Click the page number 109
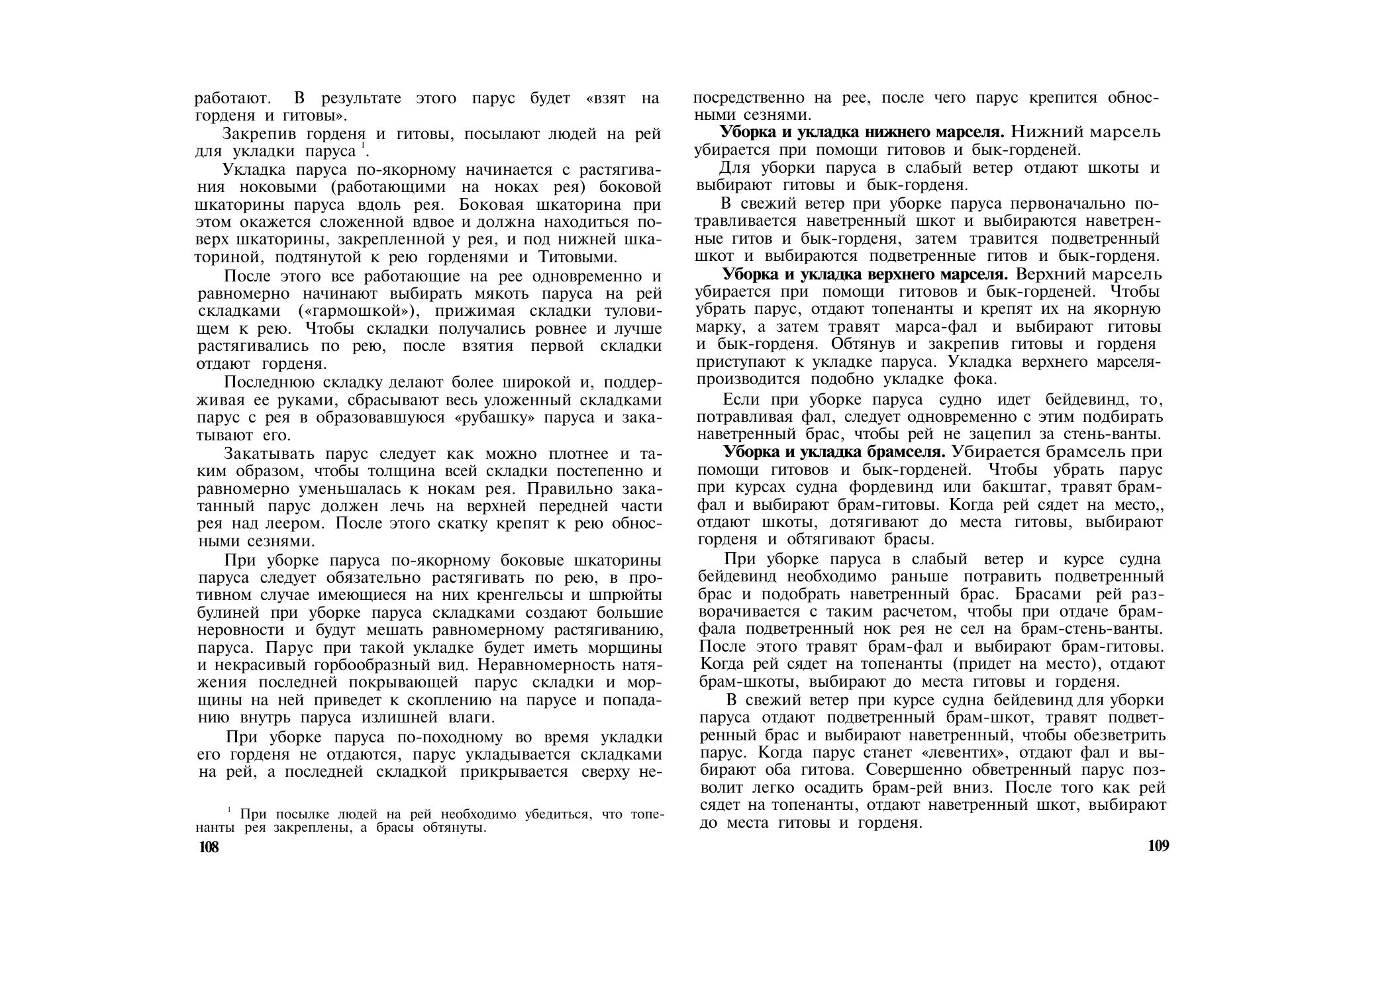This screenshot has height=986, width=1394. [1158, 846]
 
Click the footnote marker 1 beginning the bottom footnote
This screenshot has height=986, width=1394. [228, 810]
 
